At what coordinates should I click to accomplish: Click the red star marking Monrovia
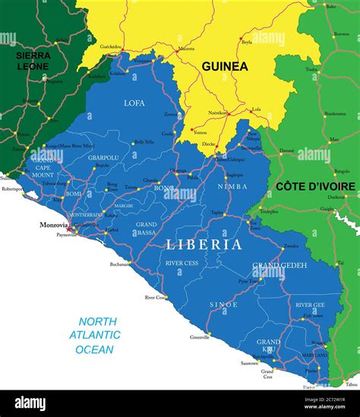coord(71,228)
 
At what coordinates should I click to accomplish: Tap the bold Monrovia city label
coord(54,226)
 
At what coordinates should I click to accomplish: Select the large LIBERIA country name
coord(204,245)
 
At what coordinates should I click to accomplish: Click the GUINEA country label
coord(224,66)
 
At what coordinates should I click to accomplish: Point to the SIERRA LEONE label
coord(33,60)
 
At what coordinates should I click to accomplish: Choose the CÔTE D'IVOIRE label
coord(314,186)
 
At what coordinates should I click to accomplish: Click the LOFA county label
coord(134,102)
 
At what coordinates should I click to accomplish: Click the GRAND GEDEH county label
coord(279,265)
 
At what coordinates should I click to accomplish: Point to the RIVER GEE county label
coord(310,305)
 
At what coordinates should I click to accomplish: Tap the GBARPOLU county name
coord(103,157)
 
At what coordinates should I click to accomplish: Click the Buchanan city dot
coord(130,263)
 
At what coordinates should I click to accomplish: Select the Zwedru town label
coord(291,246)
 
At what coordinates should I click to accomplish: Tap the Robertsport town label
coord(12,188)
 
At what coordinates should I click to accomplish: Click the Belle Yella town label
coord(143,142)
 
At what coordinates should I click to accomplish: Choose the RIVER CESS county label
coord(181,262)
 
